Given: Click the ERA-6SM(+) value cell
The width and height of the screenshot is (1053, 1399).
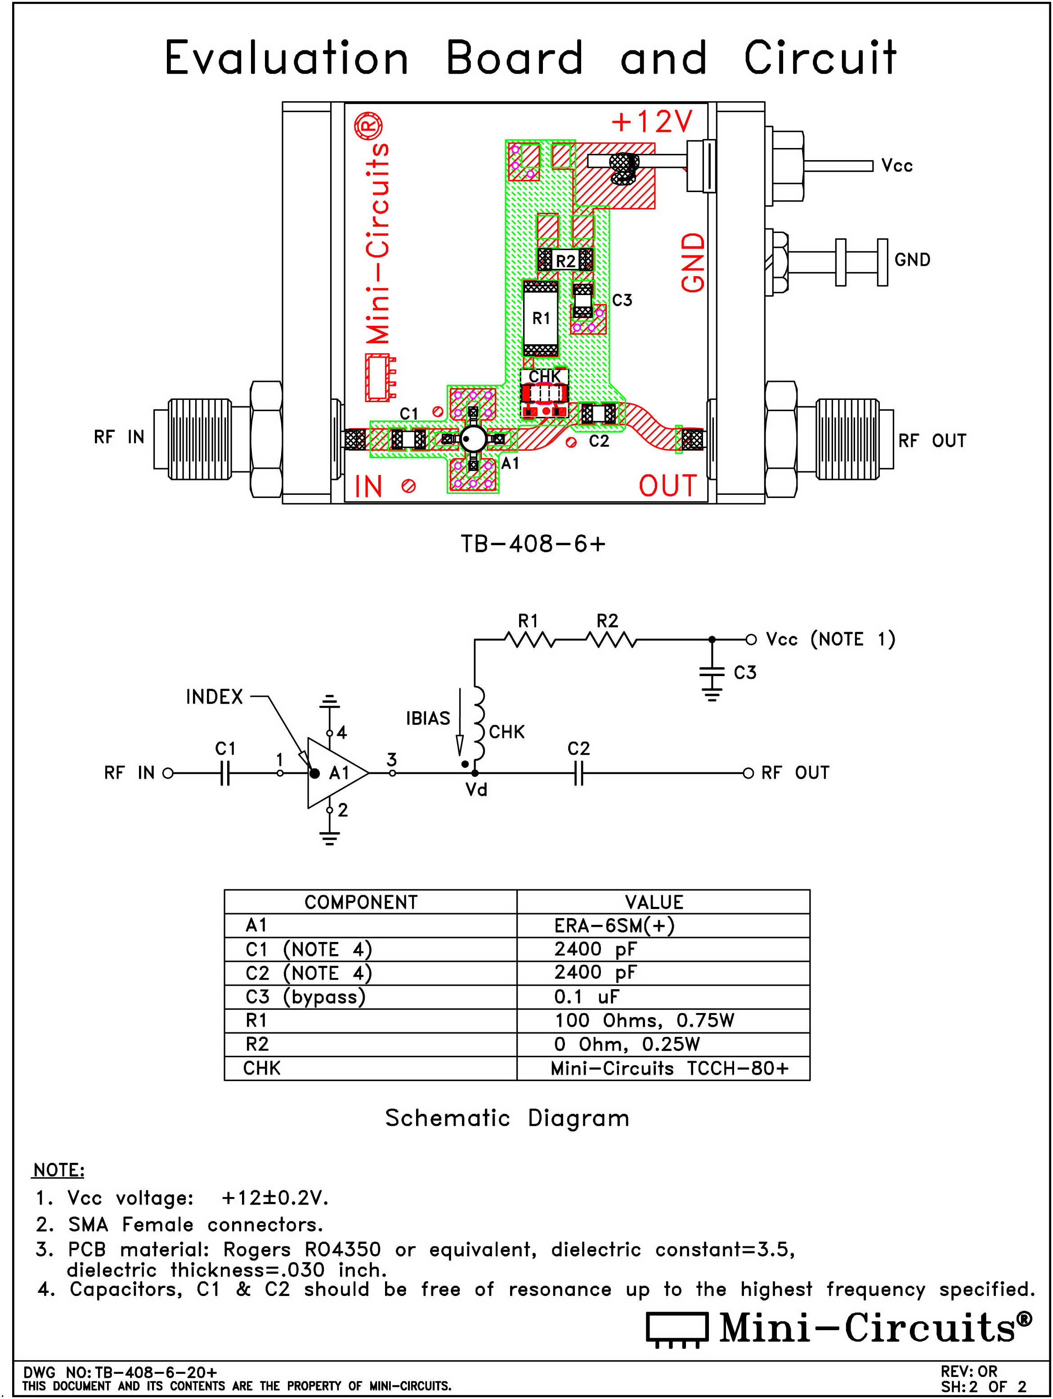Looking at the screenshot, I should [x=663, y=925].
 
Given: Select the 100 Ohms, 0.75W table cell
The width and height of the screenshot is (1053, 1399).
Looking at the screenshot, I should [x=663, y=1020].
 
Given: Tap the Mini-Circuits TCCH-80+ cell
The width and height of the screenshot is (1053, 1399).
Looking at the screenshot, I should [x=663, y=1068].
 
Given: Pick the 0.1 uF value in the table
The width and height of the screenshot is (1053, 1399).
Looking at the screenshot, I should [x=663, y=997].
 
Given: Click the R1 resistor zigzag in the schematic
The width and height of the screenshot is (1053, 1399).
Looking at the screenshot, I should [x=529, y=641].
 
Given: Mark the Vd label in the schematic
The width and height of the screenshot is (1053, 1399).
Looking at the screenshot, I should [x=476, y=790].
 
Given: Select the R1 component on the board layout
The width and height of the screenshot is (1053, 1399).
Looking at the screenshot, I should [x=541, y=318].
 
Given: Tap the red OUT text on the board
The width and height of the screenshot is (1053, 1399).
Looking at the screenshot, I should [x=667, y=486].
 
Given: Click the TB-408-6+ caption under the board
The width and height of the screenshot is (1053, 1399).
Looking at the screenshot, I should [x=533, y=544].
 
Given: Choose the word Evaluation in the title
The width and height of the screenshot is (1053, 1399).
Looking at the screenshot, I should [x=287, y=58].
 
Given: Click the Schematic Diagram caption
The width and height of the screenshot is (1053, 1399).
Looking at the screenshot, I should [x=507, y=1118].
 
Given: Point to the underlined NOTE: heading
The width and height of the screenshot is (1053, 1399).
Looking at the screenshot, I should [x=58, y=1170].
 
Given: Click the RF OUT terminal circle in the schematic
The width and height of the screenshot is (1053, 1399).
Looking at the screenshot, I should [x=748, y=773].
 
